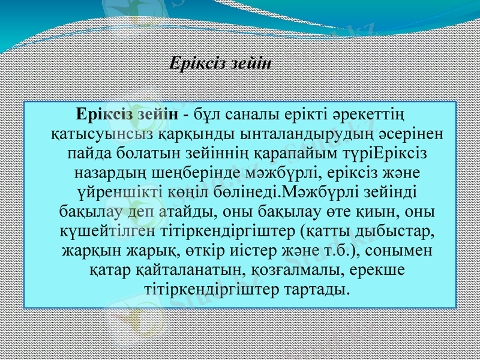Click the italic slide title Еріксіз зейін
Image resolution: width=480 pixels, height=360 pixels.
click(220, 63)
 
